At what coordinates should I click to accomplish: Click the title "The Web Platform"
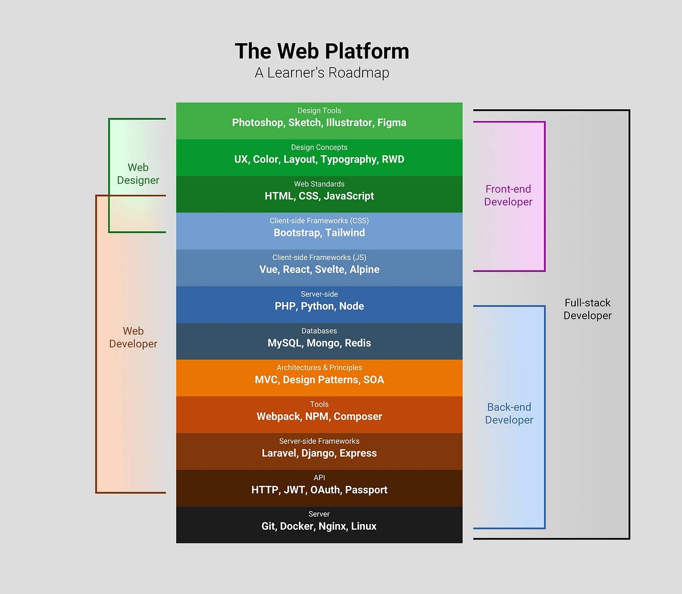(322, 51)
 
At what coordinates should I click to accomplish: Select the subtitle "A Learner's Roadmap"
(322, 73)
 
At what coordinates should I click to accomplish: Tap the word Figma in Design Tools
(392, 123)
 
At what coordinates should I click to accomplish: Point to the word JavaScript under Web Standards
(349, 196)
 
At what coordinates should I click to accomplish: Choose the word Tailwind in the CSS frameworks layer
(345, 233)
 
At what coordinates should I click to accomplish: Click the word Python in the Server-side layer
(317, 306)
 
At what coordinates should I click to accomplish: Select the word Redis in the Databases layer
(357, 343)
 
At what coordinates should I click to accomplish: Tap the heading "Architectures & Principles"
(319, 368)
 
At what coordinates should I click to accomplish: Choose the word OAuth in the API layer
(325, 490)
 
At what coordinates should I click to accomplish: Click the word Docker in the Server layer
(297, 526)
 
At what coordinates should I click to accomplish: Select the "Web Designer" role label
(138, 174)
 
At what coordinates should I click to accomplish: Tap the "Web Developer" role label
(133, 337)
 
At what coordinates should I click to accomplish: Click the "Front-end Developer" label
(508, 196)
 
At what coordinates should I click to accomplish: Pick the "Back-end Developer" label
(509, 413)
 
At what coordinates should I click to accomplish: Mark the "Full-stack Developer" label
(588, 309)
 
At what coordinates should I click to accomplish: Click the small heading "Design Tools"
(319, 111)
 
